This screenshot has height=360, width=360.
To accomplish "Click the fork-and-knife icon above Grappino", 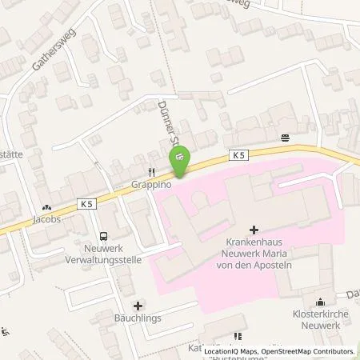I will (x=149, y=171).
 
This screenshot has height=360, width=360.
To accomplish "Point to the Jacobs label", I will (x=46, y=218).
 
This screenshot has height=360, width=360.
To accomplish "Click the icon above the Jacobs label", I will (x=46, y=206).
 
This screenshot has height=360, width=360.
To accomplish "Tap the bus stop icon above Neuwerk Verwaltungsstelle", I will (x=102, y=236).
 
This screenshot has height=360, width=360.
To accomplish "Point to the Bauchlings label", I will (x=139, y=318).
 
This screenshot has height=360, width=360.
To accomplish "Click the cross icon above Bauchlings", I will (x=139, y=305).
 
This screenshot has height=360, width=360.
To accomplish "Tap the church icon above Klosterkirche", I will (x=320, y=302).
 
